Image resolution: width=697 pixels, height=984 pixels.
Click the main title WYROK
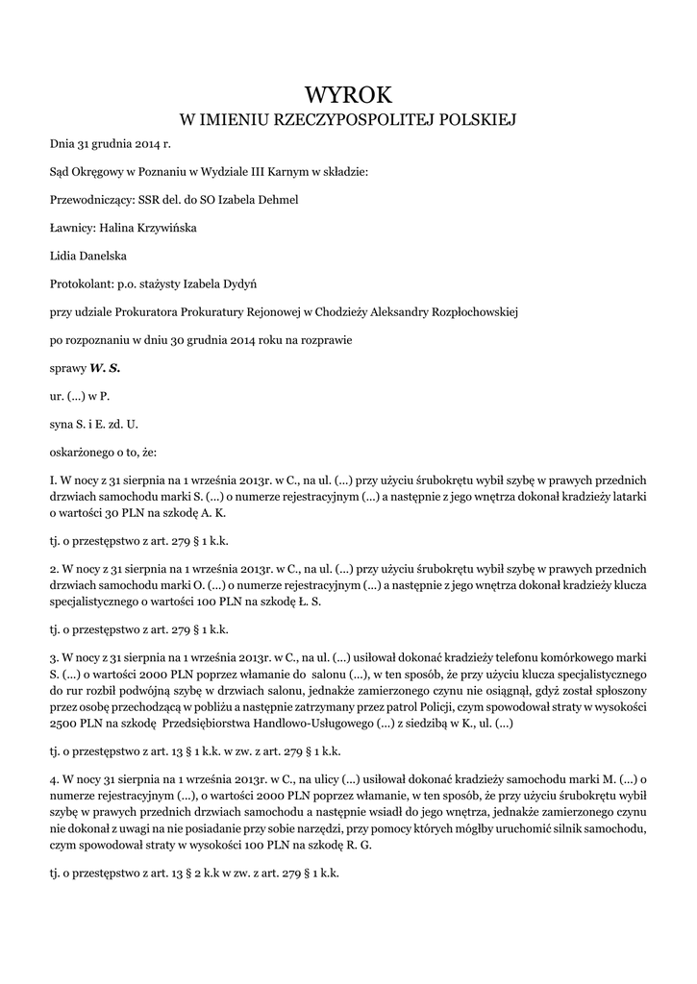[349, 94]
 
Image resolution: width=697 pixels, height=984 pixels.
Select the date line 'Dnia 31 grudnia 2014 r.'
[110, 144]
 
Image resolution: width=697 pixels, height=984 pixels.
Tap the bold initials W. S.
[105, 367]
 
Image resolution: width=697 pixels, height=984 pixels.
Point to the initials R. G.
[358, 845]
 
